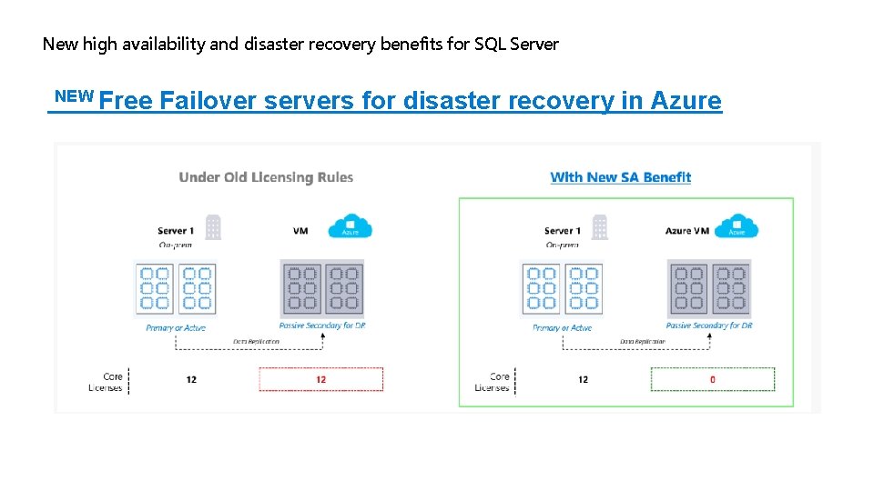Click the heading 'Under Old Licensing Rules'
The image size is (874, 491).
(266, 177)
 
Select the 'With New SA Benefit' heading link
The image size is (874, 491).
(620, 177)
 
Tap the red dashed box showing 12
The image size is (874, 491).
(320, 379)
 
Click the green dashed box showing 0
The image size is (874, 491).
(712, 379)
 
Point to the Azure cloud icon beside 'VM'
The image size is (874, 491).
(350, 226)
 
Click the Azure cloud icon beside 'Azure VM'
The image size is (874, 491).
(737, 226)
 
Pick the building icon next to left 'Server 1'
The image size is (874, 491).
(213, 227)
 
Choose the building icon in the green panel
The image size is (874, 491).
(599, 227)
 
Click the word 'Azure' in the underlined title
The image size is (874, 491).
(686, 101)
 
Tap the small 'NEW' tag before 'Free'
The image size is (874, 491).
(75, 95)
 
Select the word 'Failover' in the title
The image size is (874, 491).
(208, 101)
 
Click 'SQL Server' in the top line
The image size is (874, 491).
(518, 44)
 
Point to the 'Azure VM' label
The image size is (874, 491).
(687, 231)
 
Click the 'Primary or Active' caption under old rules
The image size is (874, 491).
(176, 327)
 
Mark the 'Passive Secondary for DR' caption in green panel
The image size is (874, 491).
(709, 326)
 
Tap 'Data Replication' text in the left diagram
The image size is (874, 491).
(256, 342)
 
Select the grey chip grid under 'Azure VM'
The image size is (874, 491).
(709, 287)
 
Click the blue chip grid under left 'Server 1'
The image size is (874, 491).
(176, 288)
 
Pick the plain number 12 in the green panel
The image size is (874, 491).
(583, 379)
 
